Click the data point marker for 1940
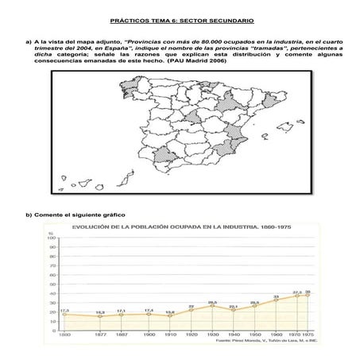(x=233, y=310)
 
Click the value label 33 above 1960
(x=276, y=296)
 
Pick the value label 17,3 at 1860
(x=64, y=310)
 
